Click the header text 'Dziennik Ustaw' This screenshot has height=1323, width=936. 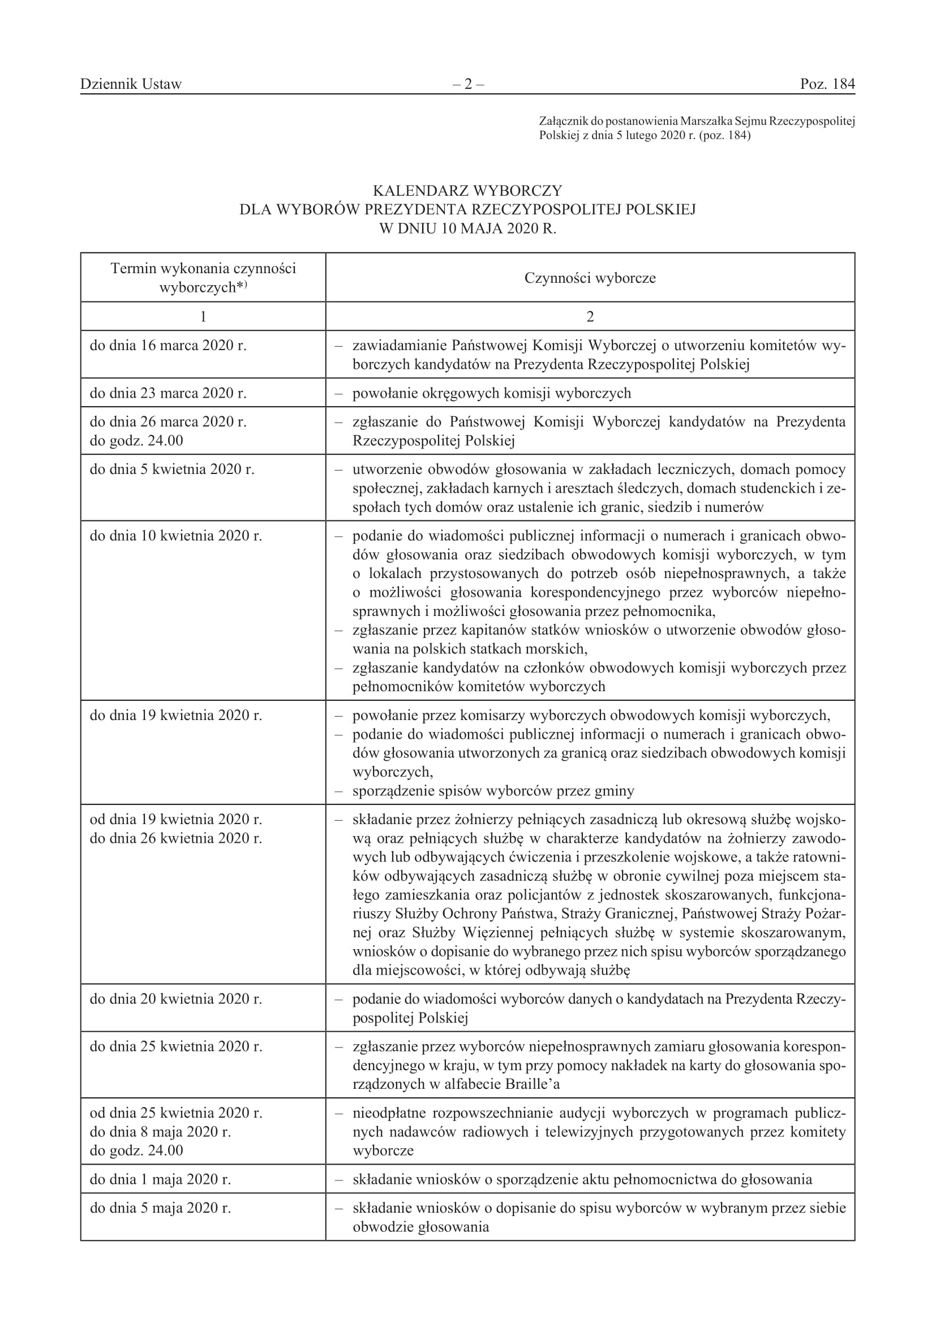(x=131, y=84)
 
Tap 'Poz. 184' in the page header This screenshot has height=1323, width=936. (x=827, y=84)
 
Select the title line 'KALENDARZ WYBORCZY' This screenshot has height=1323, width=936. (x=467, y=191)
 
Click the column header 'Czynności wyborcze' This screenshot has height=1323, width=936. (x=590, y=278)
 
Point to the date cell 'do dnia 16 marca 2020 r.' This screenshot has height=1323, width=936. (x=168, y=346)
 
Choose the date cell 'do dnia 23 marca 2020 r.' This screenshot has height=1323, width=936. (x=168, y=394)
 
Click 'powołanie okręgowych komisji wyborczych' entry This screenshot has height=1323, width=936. (x=492, y=394)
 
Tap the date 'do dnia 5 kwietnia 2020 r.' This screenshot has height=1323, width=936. (x=172, y=469)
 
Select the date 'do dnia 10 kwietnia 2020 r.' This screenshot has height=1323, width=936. (x=176, y=536)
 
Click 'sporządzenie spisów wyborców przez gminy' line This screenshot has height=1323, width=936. (x=493, y=791)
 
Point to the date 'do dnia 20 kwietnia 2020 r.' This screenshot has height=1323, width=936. (x=176, y=999)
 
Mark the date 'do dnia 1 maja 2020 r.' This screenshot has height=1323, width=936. (x=160, y=1179)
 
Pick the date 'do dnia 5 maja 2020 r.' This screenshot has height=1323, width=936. (x=160, y=1208)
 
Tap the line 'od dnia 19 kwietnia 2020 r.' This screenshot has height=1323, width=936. (x=176, y=820)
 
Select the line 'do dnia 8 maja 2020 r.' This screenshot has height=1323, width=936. (x=160, y=1132)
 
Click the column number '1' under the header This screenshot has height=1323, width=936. (x=203, y=316)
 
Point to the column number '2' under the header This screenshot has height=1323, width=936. (x=590, y=316)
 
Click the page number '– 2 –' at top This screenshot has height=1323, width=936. (x=467, y=84)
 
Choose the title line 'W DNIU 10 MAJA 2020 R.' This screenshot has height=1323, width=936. (x=467, y=229)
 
